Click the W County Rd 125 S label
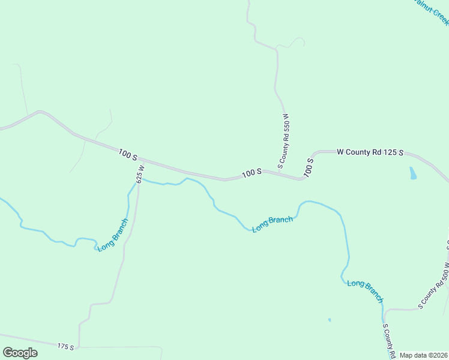pos(370,152)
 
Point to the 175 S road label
pos(66,347)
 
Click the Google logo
pos(20,352)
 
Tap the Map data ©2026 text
pos(424,355)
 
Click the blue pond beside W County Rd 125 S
pos(412,173)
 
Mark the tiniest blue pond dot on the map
pos(330,320)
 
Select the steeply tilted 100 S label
pos(309,167)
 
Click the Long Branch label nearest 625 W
pos(113,235)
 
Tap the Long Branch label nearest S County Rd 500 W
pos(365,290)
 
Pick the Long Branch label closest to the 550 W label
pos(273,224)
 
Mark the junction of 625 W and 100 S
pos(140,161)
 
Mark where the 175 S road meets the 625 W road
pos(79,347)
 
